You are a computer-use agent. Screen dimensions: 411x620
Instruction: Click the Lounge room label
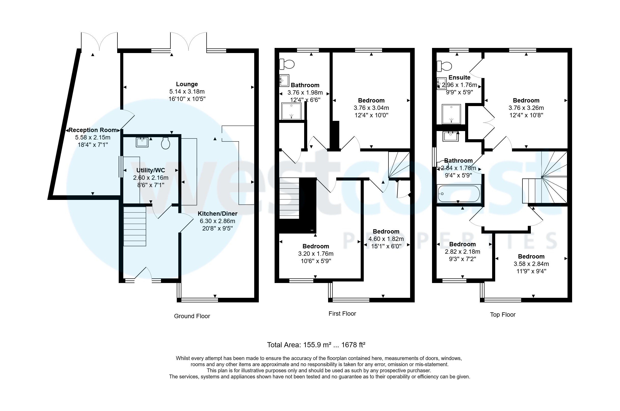(x=187, y=84)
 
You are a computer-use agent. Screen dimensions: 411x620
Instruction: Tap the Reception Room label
(x=92, y=130)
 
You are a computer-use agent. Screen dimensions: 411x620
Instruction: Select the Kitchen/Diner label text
(x=217, y=214)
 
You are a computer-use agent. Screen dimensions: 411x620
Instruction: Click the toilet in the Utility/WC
(x=166, y=143)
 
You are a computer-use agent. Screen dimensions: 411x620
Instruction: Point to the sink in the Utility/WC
(x=142, y=142)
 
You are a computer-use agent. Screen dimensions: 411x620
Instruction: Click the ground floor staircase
(x=134, y=226)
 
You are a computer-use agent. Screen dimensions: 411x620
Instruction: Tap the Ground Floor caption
(x=192, y=316)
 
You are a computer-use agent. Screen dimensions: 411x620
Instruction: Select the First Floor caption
(x=342, y=314)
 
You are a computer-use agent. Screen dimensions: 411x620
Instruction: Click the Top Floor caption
(x=502, y=315)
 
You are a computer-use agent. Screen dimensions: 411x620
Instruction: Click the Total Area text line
(x=316, y=345)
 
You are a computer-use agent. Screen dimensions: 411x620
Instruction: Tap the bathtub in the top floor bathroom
(x=459, y=194)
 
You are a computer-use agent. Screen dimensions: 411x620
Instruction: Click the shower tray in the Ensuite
(x=451, y=114)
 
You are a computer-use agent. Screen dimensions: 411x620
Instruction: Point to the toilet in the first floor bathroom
(x=287, y=64)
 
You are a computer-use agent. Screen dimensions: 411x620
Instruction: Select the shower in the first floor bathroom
(x=291, y=111)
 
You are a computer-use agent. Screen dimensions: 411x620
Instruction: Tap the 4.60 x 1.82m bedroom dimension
(x=386, y=239)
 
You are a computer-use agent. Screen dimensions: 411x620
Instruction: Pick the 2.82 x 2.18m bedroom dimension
(x=462, y=252)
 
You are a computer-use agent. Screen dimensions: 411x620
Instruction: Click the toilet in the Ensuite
(x=444, y=66)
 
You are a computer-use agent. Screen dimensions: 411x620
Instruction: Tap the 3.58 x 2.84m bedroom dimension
(x=531, y=264)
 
